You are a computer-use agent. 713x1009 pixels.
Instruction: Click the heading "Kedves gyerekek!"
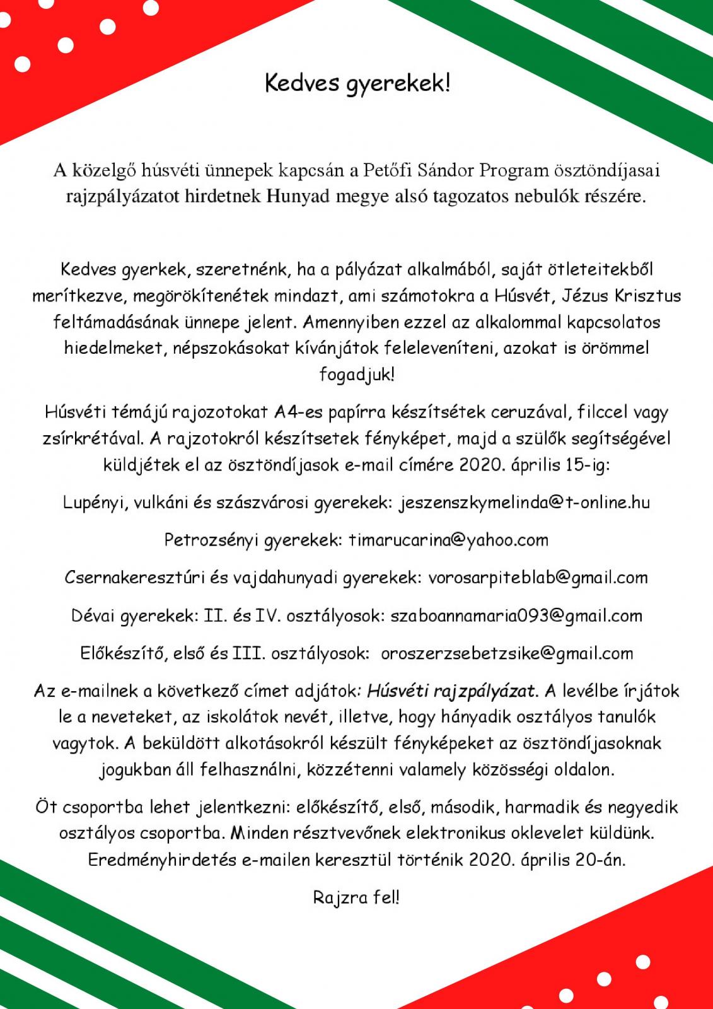click(357, 84)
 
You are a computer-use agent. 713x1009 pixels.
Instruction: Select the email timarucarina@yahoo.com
click(448, 540)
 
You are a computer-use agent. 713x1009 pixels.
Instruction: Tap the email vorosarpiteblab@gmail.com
click(538, 577)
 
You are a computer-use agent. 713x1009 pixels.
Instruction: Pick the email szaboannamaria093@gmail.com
click(516, 615)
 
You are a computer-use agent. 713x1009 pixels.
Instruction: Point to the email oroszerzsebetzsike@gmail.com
click(507, 653)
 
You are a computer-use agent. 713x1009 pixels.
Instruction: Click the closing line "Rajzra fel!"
click(356, 897)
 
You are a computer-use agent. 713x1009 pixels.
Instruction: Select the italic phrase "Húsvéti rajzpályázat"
click(451, 691)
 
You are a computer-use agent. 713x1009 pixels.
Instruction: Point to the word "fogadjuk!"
click(357, 375)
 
